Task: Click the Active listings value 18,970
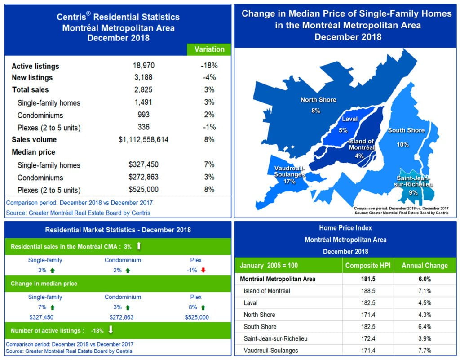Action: (x=143, y=66)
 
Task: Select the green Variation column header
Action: (x=209, y=49)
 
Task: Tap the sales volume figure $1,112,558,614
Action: (x=143, y=140)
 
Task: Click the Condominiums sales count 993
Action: (x=143, y=115)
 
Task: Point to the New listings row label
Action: (x=32, y=78)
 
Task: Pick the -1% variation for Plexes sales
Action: (x=209, y=127)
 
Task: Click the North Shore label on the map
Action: (x=318, y=100)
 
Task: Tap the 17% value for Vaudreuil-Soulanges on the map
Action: (x=289, y=182)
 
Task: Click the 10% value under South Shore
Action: (x=403, y=145)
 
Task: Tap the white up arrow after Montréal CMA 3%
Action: (x=139, y=246)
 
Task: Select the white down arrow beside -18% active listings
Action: (x=111, y=330)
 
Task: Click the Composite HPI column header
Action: (x=368, y=265)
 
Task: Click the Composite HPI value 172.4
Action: (x=368, y=338)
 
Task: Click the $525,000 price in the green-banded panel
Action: (x=196, y=317)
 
